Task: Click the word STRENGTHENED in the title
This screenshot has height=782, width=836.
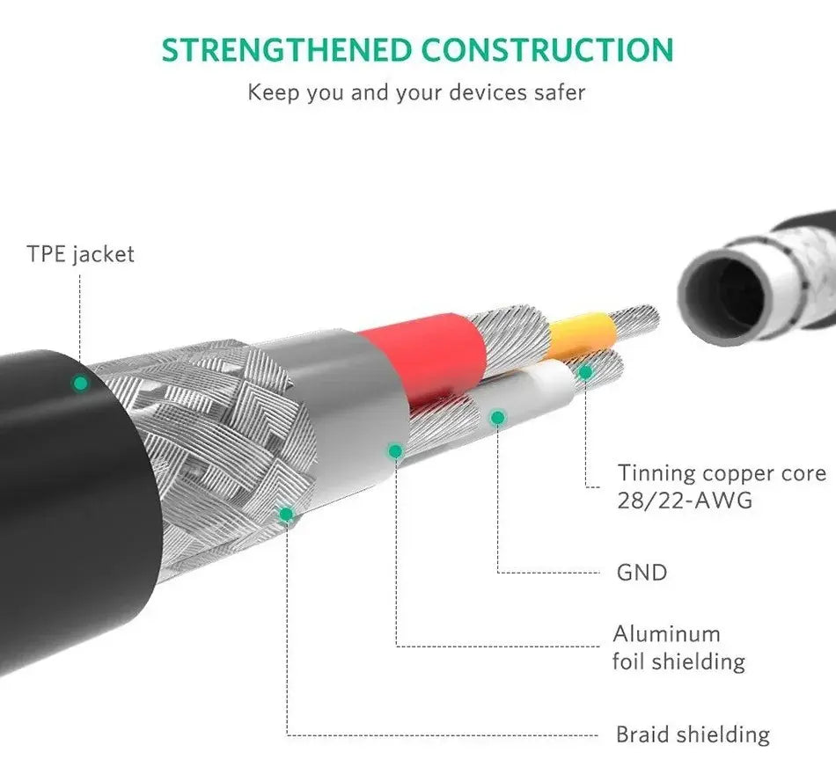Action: tap(287, 50)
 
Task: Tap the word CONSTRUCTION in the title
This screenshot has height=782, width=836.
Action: tap(547, 50)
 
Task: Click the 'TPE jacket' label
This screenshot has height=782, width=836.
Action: tap(80, 254)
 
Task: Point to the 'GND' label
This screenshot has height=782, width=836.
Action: tap(642, 573)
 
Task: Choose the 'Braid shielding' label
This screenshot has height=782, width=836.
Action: tap(693, 734)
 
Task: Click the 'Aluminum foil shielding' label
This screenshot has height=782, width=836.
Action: tap(678, 647)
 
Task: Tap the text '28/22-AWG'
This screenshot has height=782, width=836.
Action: tap(685, 500)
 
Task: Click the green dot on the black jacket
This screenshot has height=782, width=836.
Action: tap(81, 383)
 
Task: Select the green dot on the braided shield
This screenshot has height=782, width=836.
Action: tap(286, 515)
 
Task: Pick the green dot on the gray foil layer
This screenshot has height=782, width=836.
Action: tap(395, 451)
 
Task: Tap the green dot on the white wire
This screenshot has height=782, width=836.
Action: tap(497, 417)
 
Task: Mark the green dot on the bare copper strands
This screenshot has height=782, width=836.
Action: tap(585, 372)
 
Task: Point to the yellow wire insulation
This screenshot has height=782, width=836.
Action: tap(581, 335)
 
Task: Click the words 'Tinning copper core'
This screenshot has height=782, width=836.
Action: tap(722, 473)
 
